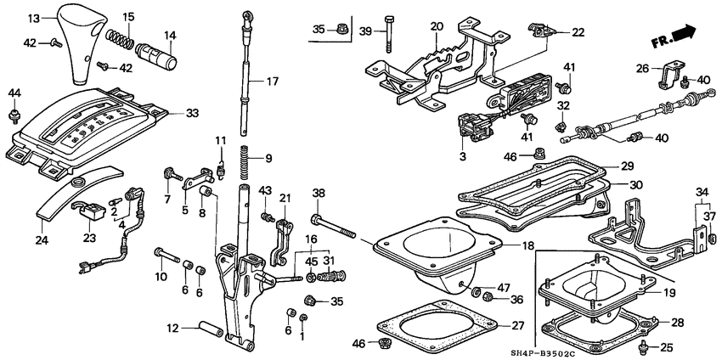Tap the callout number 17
(272, 82)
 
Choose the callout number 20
(437, 25)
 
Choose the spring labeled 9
(244, 159)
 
